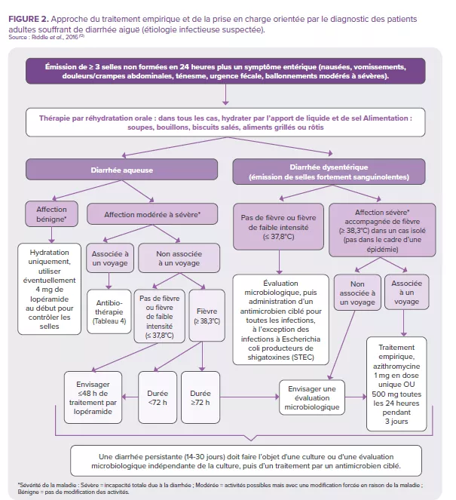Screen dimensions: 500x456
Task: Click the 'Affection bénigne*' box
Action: pyautogui.click(x=51, y=214)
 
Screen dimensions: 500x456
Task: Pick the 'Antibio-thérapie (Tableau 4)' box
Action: pyautogui.click(x=111, y=310)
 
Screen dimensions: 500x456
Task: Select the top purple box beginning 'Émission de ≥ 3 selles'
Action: pyautogui.click(x=225, y=72)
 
